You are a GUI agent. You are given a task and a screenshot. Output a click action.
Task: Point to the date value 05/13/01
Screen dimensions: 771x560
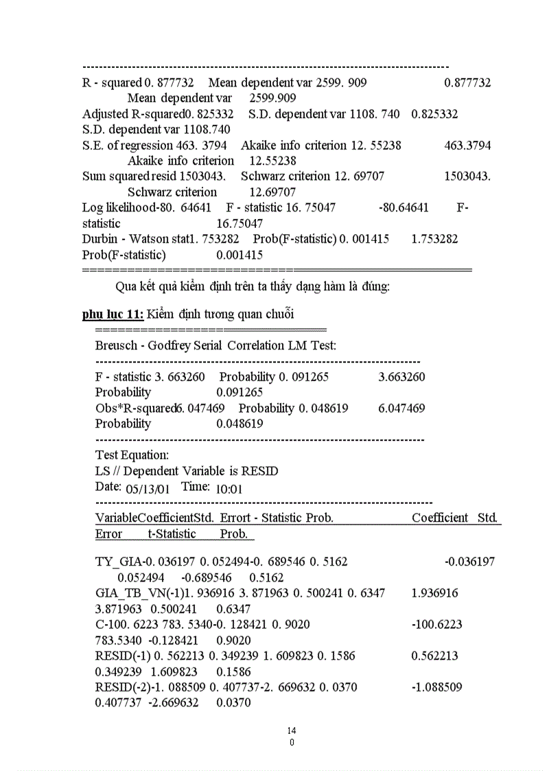pos(148,489)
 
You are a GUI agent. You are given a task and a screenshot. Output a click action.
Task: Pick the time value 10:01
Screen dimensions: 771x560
pos(229,489)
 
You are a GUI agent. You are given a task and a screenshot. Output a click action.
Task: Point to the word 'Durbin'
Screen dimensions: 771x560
pos(100,239)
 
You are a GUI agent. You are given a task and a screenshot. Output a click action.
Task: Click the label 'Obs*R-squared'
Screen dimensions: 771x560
pos(135,408)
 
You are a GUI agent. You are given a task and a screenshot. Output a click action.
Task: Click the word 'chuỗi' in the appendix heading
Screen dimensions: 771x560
pos(277,314)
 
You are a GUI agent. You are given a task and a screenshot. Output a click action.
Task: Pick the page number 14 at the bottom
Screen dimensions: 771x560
pos(292,730)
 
